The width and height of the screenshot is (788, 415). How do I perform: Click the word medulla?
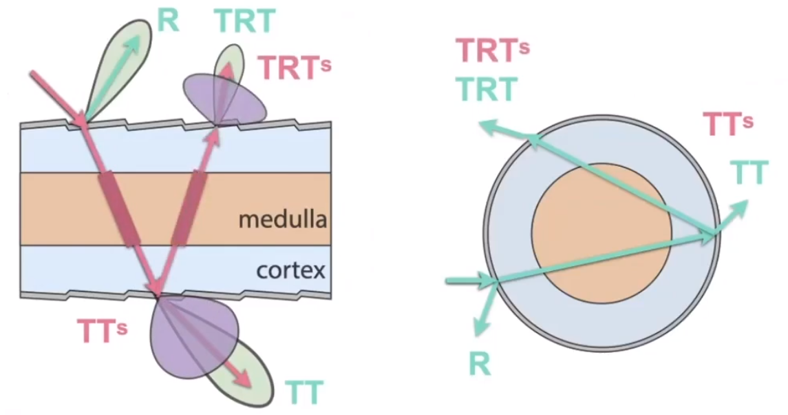click(x=281, y=220)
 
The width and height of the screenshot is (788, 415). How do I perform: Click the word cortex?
click(x=290, y=269)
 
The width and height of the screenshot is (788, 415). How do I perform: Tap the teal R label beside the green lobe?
click(x=168, y=20)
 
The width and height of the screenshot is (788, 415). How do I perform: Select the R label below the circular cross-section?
click(x=480, y=364)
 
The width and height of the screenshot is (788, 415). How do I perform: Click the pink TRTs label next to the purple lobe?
click(x=295, y=68)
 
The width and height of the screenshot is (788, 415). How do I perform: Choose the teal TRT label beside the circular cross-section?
click(x=487, y=88)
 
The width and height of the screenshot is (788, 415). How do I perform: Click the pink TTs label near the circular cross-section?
click(x=728, y=124)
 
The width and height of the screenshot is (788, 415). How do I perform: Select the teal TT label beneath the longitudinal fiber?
click(x=303, y=392)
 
